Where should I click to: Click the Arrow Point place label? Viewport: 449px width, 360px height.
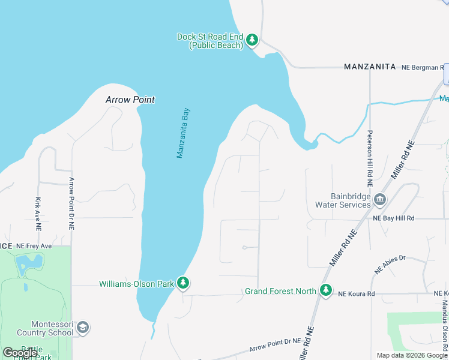[x=130, y=100]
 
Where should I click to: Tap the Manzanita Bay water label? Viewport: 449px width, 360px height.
[x=183, y=133]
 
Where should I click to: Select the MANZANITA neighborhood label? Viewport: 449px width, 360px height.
[x=370, y=67]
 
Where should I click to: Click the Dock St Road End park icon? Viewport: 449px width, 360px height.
[x=253, y=40]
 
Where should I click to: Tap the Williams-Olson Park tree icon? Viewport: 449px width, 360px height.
[x=183, y=283]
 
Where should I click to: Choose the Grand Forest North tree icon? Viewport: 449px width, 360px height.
[x=326, y=291]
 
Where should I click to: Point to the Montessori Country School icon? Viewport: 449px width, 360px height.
[x=83, y=328]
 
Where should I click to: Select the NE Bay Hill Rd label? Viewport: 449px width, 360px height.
[x=394, y=218]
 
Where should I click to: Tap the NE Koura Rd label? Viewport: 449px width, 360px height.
[x=356, y=294]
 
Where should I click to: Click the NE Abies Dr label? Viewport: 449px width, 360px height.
[x=391, y=264]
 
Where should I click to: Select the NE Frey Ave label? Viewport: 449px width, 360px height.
[x=35, y=246]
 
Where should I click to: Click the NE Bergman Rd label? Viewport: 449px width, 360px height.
[x=423, y=67]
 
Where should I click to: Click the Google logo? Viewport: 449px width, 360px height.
[x=20, y=352]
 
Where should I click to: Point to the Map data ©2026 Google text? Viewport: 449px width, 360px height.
[x=412, y=355]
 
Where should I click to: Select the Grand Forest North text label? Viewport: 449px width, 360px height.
[x=280, y=292]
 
